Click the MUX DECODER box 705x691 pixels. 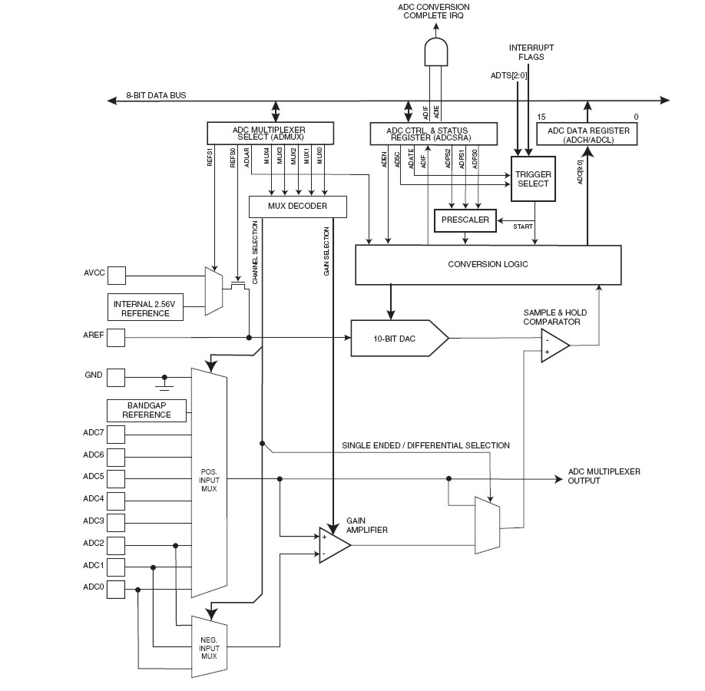pos(298,207)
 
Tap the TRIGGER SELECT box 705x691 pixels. pos(534,179)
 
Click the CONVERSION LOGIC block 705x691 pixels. pos(488,265)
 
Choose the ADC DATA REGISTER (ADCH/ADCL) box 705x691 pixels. pos(588,135)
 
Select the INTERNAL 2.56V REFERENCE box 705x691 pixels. pos(145,307)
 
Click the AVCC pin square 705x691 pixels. pos(116,274)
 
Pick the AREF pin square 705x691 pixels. pos(116,337)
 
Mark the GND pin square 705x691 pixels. pos(116,377)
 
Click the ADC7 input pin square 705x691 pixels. pos(116,435)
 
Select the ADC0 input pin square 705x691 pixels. pos(116,590)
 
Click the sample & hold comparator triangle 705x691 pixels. pos(554,346)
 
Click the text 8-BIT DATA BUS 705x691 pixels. pos(156,96)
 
